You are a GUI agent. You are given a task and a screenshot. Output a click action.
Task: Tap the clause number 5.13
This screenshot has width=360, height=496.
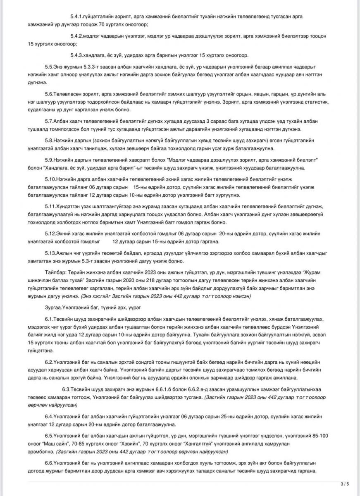50,253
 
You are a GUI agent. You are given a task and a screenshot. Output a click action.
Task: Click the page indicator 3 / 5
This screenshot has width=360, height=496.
345,484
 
